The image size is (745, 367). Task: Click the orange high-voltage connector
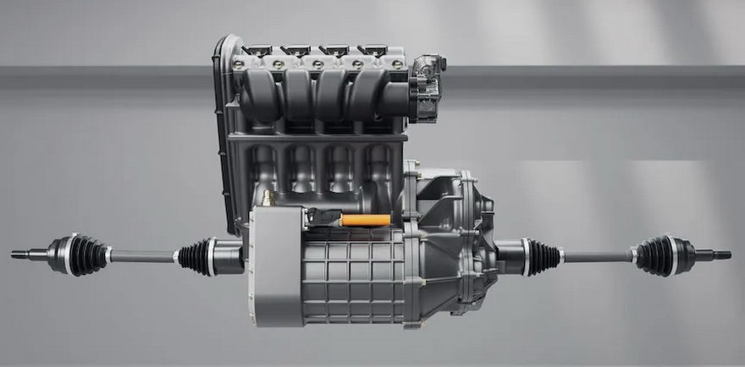tap(365, 221)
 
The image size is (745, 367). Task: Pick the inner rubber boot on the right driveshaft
tap(542, 255)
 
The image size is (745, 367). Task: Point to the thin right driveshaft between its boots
tap(596, 255)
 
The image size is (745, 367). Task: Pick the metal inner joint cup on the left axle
tap(229, 256)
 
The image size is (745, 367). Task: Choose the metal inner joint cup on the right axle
tap(510, 255)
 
